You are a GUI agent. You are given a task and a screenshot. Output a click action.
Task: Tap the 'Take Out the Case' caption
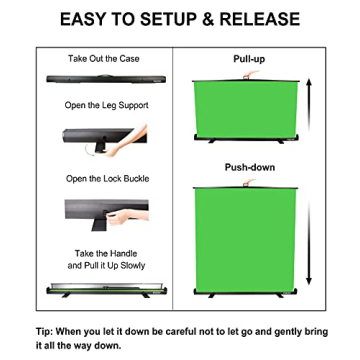[x=104, y=59]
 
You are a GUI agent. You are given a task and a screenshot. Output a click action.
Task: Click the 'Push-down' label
[x=249, y=167]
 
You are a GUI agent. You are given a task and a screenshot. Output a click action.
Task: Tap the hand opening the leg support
[x=131, y=140]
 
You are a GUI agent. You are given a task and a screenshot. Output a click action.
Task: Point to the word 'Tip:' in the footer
[x=46, y=330]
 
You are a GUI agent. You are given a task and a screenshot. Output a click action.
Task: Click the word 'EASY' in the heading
[x=87, y=19]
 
